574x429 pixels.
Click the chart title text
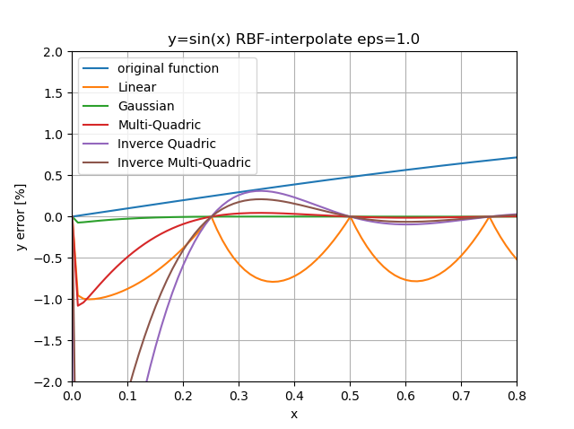point(293,39)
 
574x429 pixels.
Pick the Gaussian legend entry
point(146,106)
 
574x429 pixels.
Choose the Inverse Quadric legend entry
point(166,144)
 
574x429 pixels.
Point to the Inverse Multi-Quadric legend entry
point(184,163)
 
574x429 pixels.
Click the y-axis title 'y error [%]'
point(21,216)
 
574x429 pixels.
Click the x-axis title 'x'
point(293,414)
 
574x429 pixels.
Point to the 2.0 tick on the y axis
point(53,52)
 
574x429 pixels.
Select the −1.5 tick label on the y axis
point(49,340)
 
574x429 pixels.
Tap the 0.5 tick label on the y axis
point(53,176)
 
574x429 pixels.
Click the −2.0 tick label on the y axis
point(49,381)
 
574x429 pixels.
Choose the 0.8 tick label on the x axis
point(517,395)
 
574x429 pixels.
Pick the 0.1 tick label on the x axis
point(127,395)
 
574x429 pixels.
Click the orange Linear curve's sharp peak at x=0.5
point(350,216)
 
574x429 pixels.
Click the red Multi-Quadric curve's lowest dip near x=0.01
point(78,306)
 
